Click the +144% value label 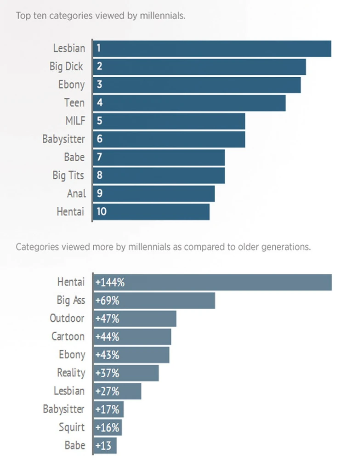[x=110, y=282]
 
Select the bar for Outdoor [x=135, y=318]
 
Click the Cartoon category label [x=68, y=336]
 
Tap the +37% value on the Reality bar [x=107, y=373]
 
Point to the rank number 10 [x=102, y=212]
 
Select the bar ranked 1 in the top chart [x=211, y=48]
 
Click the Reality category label [x=71, y=373]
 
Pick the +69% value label [x=107, y=301]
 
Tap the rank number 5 [x=99, y=121]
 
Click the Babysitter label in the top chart [x=63, y=139]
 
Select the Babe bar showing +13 [x=105, y=445]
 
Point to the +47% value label [x=107, y=318]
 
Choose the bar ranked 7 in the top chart [x=159, y=157]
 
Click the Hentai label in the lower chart [x=71, y=282]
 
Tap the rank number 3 [x=99, y=85]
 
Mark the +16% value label [x=107, y=427]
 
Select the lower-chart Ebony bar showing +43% [x=131, y=355]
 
